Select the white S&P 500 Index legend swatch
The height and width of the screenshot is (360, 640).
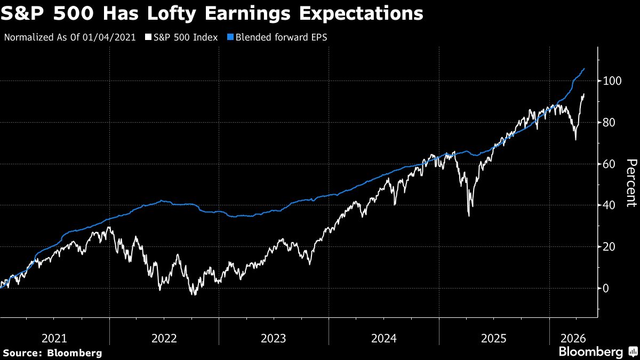[148, 38]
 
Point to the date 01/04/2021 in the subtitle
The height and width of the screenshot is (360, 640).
[114, 38]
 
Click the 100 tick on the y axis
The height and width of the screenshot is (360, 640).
[612, 81]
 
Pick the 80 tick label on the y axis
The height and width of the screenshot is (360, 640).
[610, 123]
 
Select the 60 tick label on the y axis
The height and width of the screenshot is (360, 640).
[610, 164]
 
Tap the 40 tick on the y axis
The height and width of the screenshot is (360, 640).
[610, 205]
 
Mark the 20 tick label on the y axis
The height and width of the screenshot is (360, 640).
[610, 247]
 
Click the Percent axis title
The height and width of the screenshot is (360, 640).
[630, 182]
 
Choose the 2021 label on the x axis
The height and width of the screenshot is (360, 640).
[54, 338]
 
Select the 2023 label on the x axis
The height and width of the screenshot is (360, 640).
[274, 338]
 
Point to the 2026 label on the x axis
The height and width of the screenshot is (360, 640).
[574, 338]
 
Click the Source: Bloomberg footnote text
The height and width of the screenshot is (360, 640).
[52, 353]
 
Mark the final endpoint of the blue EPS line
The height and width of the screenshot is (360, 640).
[585, 68]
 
